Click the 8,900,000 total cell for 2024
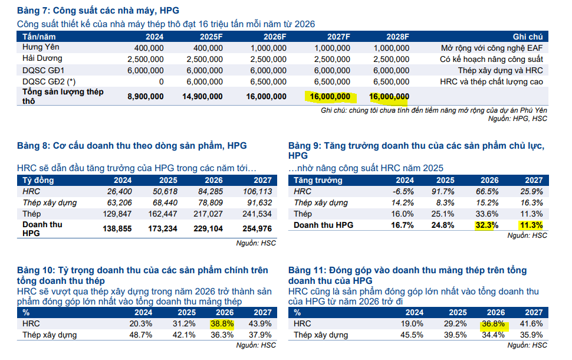(x=146, y=96)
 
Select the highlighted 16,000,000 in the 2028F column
(x=389, y=96)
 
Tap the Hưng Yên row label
(x=41, y=47)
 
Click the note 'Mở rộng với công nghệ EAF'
(x=492, y=48)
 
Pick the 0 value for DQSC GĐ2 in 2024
(x=161, y=81)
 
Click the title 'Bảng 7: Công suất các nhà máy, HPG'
(x=98, y=11)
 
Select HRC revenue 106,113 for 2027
(x=257, y=191)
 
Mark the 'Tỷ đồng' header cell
(x=38, y=180)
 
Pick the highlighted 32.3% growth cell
(x=487, y=225)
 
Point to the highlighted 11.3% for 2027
(x=531, y=225)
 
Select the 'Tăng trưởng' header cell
(x=318, y=180)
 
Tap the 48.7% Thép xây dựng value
(x=140, y=335)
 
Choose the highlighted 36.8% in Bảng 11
(x=494, y=323)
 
